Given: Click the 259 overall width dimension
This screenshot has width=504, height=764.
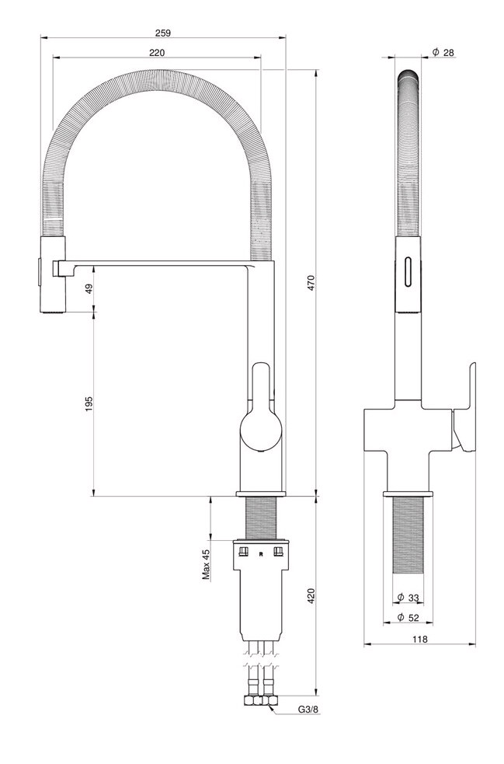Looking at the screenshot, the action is click(163, 33).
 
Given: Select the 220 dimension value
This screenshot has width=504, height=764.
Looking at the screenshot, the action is click(157, 53).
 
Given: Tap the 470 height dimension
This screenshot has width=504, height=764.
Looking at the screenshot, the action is click(311, 284).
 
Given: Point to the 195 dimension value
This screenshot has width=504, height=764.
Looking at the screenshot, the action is click(89, 404).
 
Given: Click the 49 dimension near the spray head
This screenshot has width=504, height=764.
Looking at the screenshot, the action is click(89, 289).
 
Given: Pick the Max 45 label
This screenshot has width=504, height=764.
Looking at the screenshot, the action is click(207, 564).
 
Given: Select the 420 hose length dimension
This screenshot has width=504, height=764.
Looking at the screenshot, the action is click(311, 596).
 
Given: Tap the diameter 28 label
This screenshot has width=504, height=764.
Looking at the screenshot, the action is click(443, 52).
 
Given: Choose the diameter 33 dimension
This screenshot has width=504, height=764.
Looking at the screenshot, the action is click(408, 598).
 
